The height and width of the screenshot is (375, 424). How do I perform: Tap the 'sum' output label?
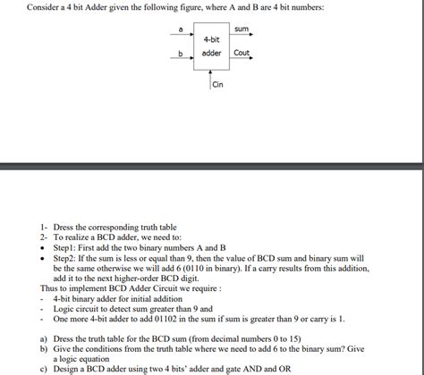point(241,29)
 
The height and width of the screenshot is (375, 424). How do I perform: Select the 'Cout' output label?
point(242,53)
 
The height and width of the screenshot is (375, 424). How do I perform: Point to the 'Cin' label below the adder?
point(217,85)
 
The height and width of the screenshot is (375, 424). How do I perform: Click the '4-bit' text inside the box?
point(212,40)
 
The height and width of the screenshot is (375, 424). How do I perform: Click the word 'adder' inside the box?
point(212,53)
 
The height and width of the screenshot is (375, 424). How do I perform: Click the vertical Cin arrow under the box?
point(211,79)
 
